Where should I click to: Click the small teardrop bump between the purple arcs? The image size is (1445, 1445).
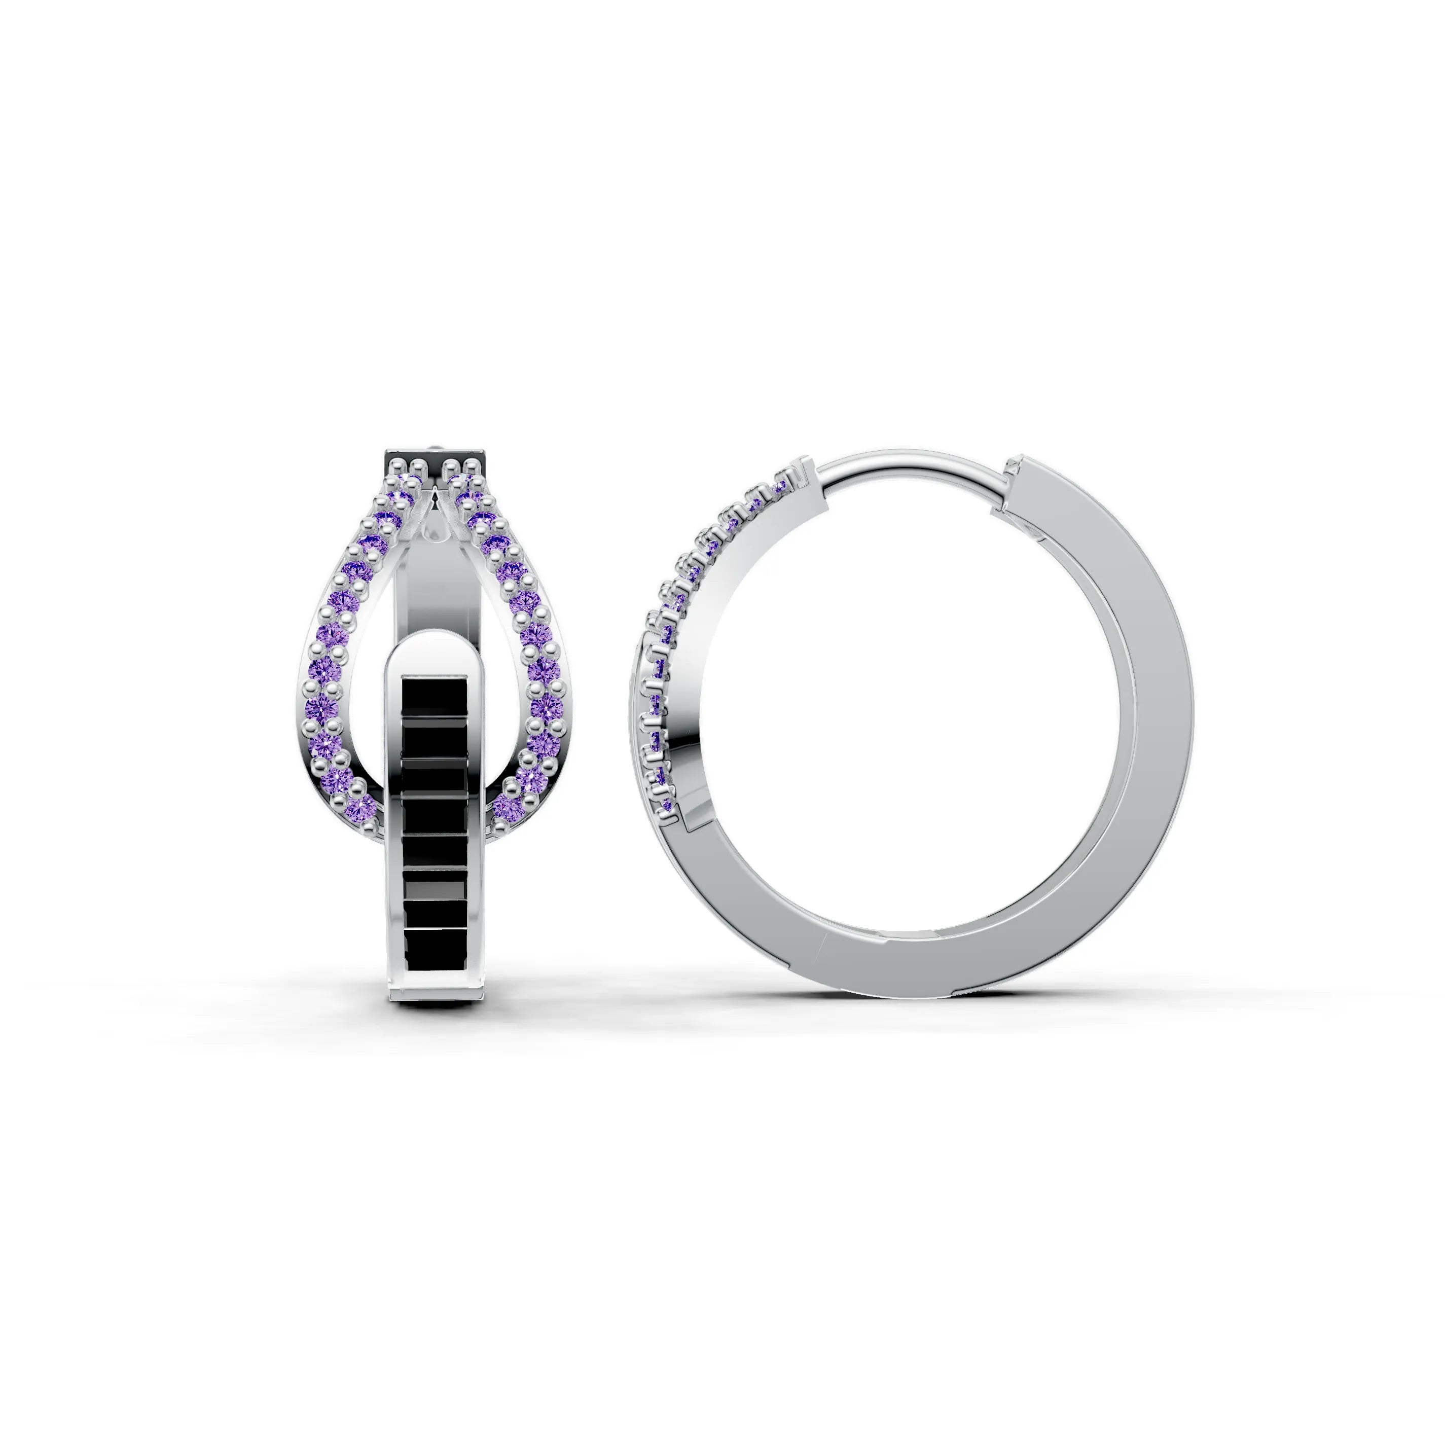click(436, 531)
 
